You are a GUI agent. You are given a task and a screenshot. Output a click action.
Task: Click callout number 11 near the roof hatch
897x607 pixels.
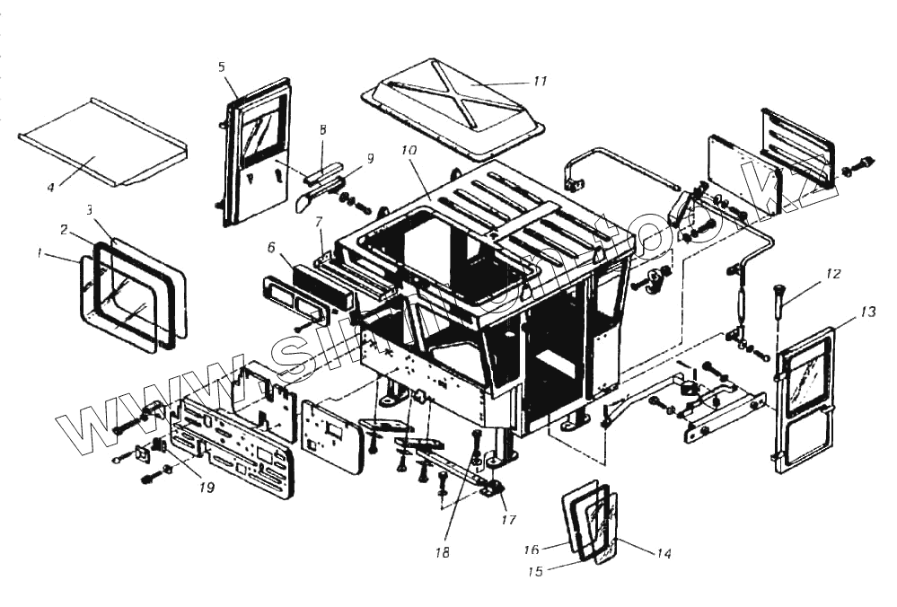click(x=539, y=82)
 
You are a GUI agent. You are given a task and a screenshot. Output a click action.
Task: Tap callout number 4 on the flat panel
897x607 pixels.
click(x=51, y=187)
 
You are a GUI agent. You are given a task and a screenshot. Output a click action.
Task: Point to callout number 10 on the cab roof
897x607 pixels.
click(x=409, y=152)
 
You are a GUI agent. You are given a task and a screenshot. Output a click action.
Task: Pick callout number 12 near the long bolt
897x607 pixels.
click(x=834, y=274)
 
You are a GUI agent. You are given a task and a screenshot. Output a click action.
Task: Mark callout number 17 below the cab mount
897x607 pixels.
click(x=509, y=518)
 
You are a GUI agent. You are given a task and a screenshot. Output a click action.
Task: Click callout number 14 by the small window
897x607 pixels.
click(x=664, y=553)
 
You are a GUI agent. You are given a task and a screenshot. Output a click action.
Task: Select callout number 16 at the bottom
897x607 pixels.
click(x=531, y=548)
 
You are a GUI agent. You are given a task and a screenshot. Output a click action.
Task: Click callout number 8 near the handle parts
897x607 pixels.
click(x=323, y=131)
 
